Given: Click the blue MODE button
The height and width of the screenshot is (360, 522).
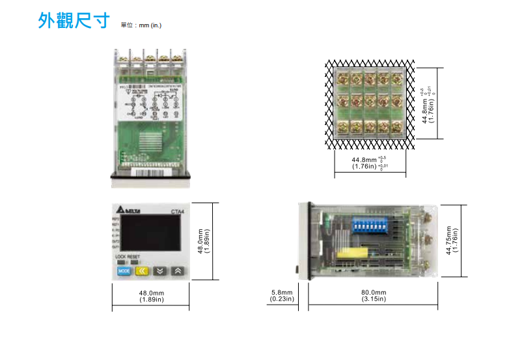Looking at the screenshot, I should [125, 272].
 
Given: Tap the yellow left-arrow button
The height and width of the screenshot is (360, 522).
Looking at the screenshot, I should [143, 272].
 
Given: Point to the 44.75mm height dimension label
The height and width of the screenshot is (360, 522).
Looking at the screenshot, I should [451, 240].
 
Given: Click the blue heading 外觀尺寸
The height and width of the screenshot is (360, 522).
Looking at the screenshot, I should [72, 21].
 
